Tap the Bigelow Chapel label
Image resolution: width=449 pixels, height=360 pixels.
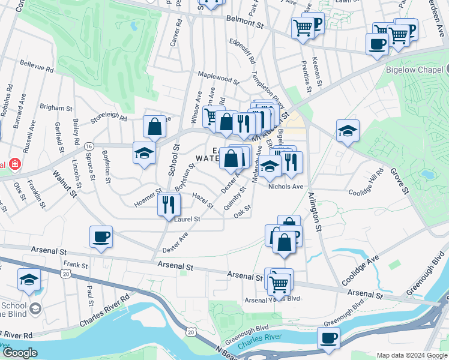tap(417, 68)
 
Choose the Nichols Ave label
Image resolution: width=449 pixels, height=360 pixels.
tap(286, 187)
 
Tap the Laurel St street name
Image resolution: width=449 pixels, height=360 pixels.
tap(187, 220)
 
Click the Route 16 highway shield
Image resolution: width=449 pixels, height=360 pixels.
tap(89, 146)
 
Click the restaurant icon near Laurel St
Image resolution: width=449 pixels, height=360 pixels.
tap(169, 205)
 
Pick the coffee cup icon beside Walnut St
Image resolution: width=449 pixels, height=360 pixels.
tap(101, 236)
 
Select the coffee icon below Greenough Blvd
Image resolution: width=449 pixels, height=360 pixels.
tap(328, 338)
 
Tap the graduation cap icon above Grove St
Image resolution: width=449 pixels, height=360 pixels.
tap(348, 131)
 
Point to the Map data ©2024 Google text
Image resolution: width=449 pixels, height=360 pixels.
tap(412, 355)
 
